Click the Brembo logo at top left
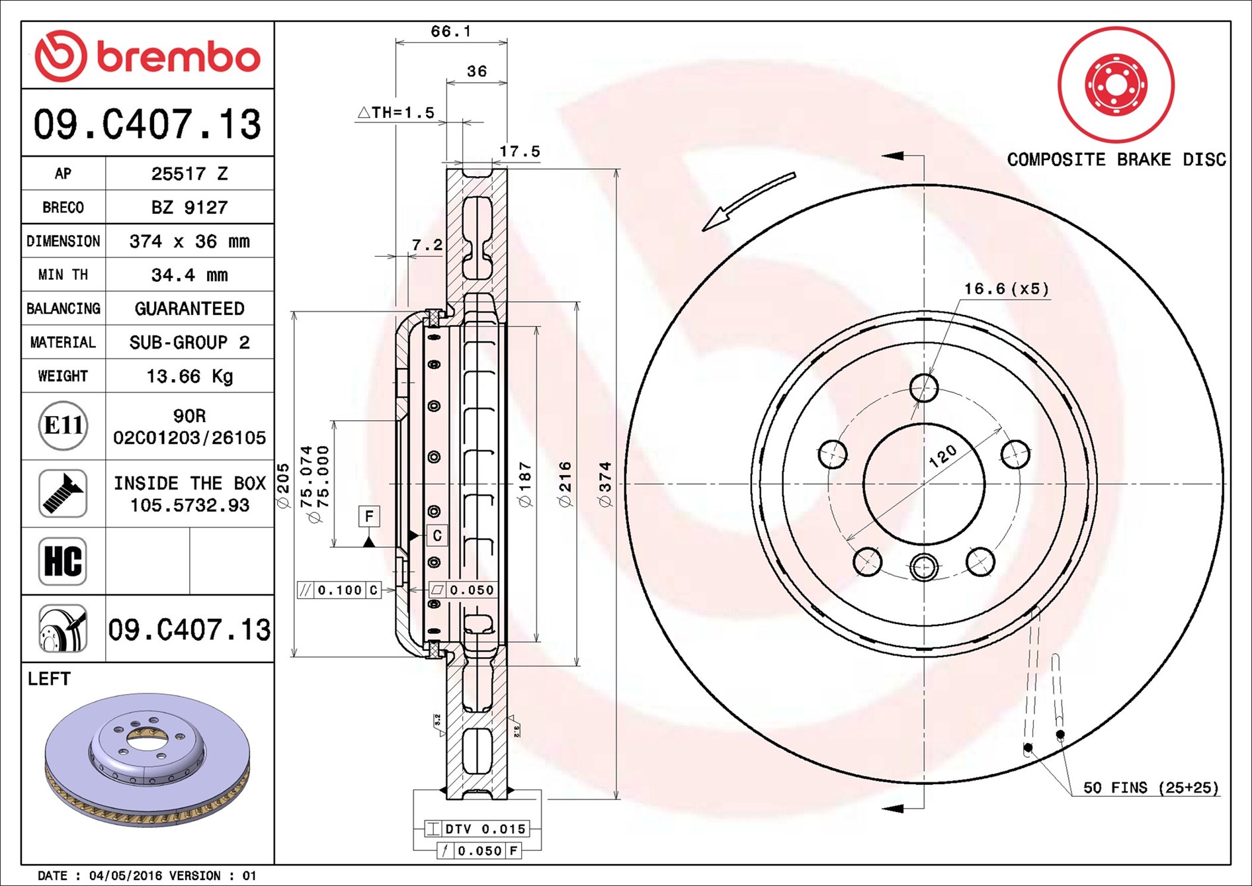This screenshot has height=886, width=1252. (x=147, y=56)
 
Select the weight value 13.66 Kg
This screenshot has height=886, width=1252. (x=189, y=377)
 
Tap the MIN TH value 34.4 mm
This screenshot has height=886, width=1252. (x=189, y=275)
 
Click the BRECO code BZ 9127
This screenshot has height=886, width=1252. (x=189, y=207)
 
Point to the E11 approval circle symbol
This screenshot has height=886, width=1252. (x=63, y=425)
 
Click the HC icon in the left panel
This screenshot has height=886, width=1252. (x=63, y=561)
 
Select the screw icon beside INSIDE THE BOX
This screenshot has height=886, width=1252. (x=63, y=494)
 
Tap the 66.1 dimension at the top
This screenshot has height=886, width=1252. (x=450, y=31)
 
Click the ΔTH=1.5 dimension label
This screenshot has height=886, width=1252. (x=396, y=112)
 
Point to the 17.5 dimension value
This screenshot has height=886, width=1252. (x=519, y=152)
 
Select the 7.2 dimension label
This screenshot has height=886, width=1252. (x=427, y=245)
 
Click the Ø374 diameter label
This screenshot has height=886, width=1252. (x=605, y=484)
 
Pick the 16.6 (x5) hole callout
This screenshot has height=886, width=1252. (x=1006, y=288)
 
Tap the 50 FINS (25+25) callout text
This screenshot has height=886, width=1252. (x=1150, y=787)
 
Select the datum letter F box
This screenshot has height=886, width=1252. (x=369, y=516)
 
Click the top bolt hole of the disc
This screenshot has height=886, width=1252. (x=923, y=388)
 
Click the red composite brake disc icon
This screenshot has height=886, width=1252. (x=1116, y=85)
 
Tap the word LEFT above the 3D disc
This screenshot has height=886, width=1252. (x=49, y=679)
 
